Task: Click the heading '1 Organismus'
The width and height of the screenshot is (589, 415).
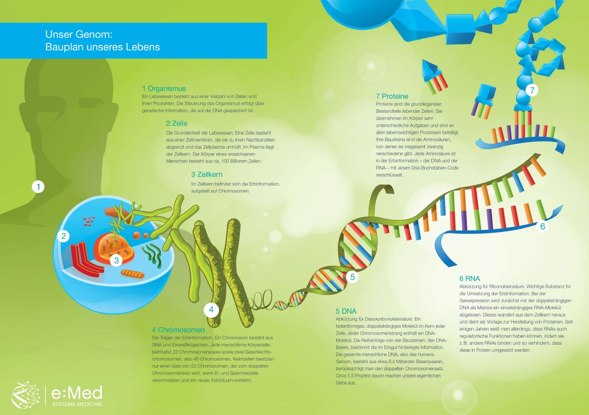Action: click(164, 89)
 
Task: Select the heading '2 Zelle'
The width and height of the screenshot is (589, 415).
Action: click(177, 123)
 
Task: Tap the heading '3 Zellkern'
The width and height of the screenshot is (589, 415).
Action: click(206, 174)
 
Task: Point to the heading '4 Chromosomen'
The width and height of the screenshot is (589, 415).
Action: click(179, 330)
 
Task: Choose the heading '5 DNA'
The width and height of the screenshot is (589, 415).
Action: click(346, 311)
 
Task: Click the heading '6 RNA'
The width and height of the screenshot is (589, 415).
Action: click(469, 278)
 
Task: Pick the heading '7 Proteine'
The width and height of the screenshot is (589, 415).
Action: click(392, 96)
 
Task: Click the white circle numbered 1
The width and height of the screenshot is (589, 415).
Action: click(38, 187)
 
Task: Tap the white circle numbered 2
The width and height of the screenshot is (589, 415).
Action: click(63, 236)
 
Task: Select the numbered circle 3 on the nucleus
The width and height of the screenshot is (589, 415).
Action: click(116, 260)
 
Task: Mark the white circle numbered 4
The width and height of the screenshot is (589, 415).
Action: click(211, 310)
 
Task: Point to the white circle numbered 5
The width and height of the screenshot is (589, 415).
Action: click(352, 277)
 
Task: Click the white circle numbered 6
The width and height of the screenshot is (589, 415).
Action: click(543, 226)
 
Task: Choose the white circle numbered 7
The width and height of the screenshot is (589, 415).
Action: click(532, 90)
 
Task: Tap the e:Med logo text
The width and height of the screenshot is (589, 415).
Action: click(77, 393)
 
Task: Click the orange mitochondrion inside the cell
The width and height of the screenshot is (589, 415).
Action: click(132, 273)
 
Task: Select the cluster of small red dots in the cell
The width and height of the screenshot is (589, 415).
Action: click(89, 220)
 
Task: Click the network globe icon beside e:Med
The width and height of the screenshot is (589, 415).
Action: click(25, 395)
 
